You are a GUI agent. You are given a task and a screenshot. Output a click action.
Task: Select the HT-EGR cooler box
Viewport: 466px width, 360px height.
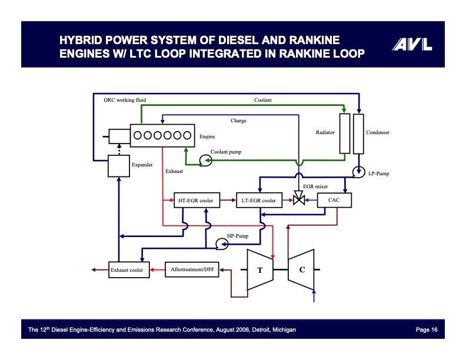tap(195, 201)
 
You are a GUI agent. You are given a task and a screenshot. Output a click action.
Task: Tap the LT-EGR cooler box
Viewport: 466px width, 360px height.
tap(258, 201)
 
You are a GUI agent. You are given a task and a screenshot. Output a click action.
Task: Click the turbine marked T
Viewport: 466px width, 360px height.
tap(259, 270)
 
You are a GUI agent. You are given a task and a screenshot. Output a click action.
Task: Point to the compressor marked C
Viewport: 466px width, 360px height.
tap(302, 270)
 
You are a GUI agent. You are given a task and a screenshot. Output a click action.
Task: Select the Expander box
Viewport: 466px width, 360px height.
tap(118, 165)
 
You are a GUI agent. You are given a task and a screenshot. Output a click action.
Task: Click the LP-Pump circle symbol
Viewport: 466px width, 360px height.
tap(358, 172)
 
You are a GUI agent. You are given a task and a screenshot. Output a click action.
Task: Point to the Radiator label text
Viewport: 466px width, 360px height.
tap(325, 132)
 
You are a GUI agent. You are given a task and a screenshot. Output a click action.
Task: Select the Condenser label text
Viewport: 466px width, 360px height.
tap(378, 132)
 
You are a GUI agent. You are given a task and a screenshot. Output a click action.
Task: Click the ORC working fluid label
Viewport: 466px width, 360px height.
tap(125, 100)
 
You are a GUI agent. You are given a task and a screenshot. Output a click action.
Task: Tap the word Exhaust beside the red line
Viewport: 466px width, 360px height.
tap(174, 171)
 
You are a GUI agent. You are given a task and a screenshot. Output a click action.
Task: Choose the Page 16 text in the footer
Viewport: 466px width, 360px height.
tap(427, 329)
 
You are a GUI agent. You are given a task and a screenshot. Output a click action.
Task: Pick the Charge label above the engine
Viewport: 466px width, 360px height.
tap(238, 121)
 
